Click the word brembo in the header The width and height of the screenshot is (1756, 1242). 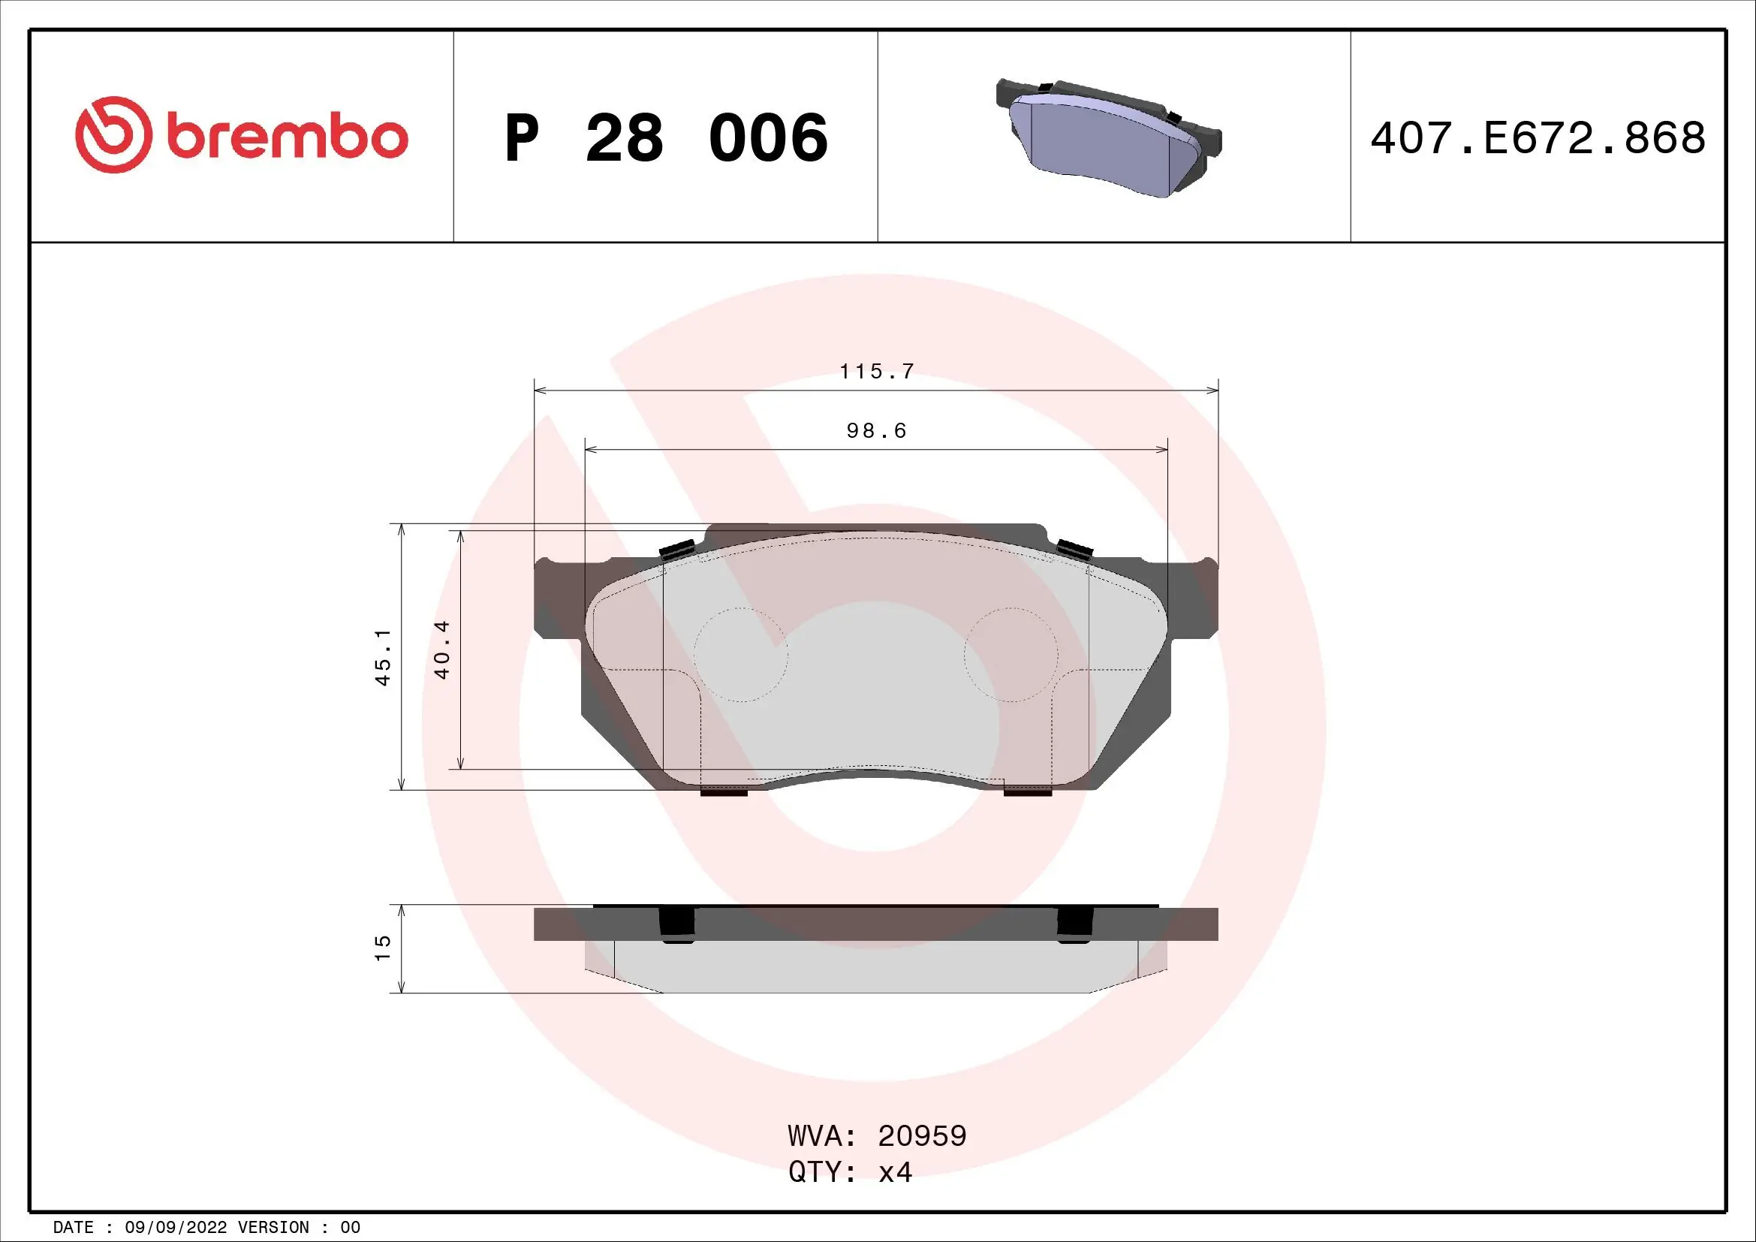pos(288,137)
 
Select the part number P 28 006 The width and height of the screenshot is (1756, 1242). pos(666,138)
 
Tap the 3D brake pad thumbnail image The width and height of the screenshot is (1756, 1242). pos(1108,137)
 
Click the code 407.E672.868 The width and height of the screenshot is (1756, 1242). pos(1538,138)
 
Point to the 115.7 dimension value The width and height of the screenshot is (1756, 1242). pos(876,372)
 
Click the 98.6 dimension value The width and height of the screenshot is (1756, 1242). pos(876,431)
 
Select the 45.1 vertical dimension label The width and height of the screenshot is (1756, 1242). pos(383,657)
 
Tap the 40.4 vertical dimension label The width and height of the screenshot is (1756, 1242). pos(442,650)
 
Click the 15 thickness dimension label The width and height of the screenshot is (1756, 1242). pos(382,948)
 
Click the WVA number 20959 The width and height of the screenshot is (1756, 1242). pos(922,1136)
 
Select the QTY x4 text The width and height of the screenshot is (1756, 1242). pos(851,1172)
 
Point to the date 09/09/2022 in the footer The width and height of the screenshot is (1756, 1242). pos(175,1228)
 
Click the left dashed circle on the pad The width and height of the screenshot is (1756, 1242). pos(740,655)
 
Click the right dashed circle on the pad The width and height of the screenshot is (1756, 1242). pos(1011,655)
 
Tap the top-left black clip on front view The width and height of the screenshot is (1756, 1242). pos(677,550)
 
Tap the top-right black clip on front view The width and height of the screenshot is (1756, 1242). pos(1074,550)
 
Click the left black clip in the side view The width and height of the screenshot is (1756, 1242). pos(676,924)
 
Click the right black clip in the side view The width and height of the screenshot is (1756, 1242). pos(1074,924)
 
